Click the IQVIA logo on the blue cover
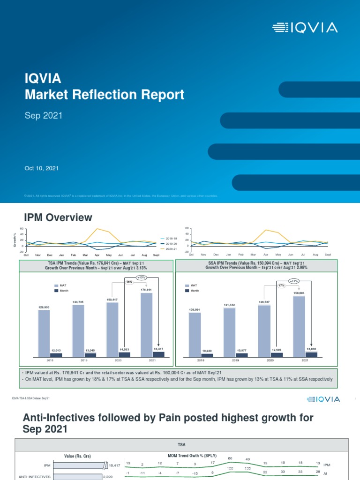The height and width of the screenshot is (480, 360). coord(305,28)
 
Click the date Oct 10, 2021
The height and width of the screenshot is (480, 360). coord(41,168)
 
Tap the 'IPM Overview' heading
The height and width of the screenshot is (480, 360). coord(58,217)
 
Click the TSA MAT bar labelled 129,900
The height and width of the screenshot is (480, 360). coord(44,333)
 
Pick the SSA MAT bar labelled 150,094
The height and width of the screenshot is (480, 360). coord(299,326)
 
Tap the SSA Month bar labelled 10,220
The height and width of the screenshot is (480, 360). coord(207,355)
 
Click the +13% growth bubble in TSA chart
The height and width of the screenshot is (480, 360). coord(141,277)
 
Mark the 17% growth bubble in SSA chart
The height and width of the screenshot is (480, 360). coord(282,285)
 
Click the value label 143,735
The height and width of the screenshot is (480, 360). coord(78,301)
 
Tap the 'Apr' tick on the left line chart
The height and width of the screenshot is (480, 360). coord(97,255)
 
